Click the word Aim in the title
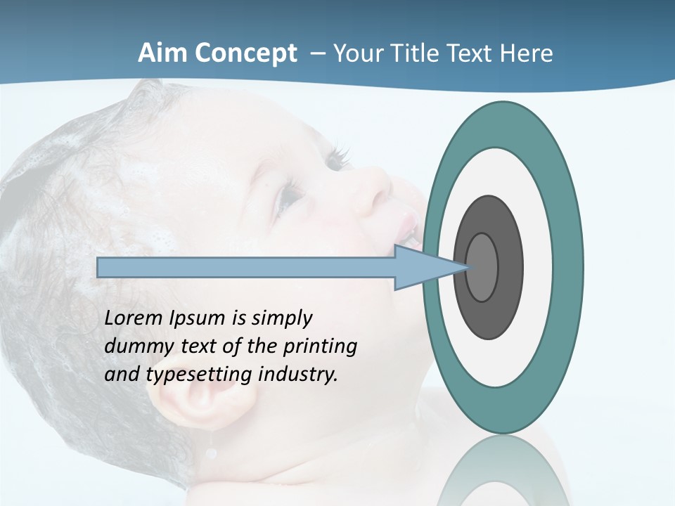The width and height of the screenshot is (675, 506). click(x=163, y=53)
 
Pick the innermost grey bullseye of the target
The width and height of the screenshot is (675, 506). click(x=482, y=267)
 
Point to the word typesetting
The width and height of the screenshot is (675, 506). click(x=200, y=375)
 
